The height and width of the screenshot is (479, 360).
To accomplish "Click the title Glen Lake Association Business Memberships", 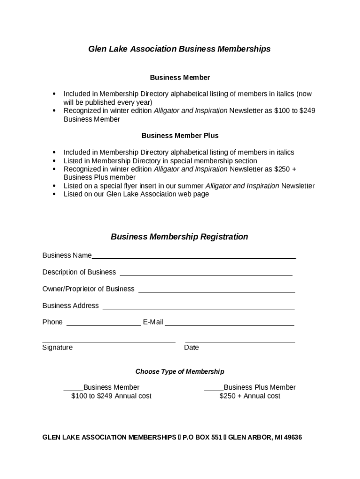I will click(x=180, y=49).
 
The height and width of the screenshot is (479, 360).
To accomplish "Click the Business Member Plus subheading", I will click(x=180, y=136).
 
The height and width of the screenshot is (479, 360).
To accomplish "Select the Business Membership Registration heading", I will click(x=180, y=237).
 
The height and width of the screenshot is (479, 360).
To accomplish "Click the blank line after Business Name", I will click(x=194, y=257).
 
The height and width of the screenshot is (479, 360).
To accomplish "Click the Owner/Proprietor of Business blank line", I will click(x=216, y=291).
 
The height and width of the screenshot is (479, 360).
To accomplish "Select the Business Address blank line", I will click(x=199, y=308).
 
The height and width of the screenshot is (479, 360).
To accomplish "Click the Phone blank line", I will click(x=103, y=325).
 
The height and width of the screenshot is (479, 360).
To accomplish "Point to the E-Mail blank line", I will click(x=230, y=325).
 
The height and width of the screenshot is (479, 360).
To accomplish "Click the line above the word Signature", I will click(x=109, y=342).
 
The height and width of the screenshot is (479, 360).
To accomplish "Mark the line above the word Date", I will click(x=240, y=342).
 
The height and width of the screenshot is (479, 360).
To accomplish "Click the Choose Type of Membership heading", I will click(x=180, y=372).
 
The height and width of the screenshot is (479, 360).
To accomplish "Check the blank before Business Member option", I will click(x=73, y=389).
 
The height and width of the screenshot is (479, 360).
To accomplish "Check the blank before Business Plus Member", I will click(x=214, y=389).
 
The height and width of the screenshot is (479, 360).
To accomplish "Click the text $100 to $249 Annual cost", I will click(x=111, y=396).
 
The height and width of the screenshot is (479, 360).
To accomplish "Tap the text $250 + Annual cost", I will click(x=250, y=396).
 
